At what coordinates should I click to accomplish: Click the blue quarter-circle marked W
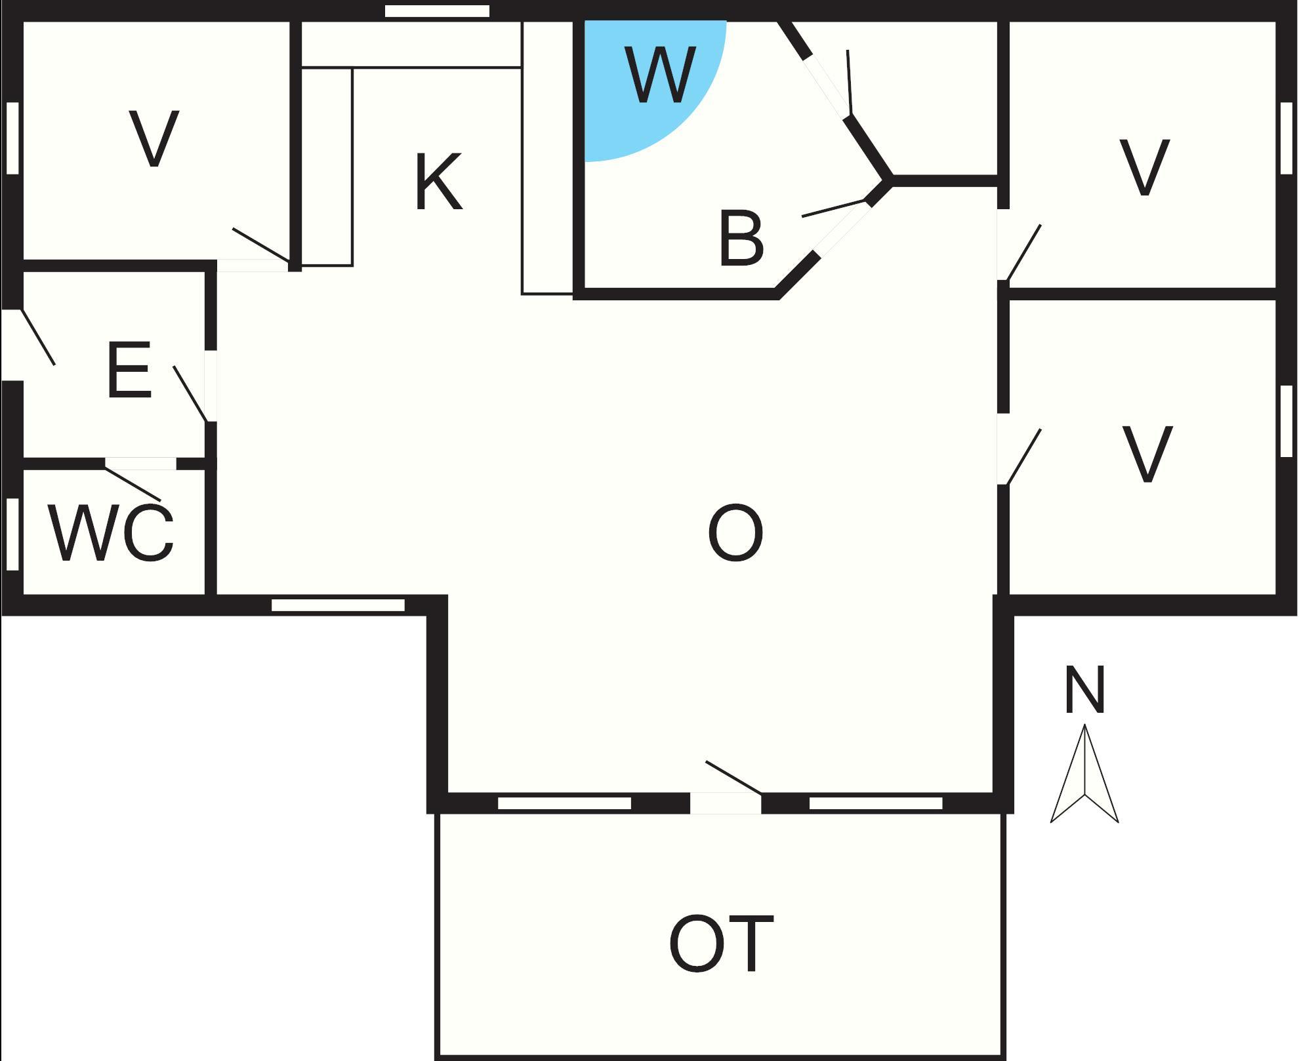(643, 79)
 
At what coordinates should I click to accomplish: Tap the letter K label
(439, 182)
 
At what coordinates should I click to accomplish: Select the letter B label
(741, 239)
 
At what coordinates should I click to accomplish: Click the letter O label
(735, 532)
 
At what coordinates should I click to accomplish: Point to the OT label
(721, 945)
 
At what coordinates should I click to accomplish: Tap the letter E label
(129, 370)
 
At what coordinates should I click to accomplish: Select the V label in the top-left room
(154, 138)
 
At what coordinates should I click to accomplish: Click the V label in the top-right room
(1145, 167)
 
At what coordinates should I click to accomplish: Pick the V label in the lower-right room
(1147, 454)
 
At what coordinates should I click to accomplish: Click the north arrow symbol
(1084, 773)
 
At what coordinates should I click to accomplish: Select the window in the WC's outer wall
(12, 534)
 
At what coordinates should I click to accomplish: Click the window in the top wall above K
(437, 11)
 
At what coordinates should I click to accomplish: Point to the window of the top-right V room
(1287, 138)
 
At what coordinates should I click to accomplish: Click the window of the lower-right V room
(1287, 420)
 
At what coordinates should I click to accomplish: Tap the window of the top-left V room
(12, 138)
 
